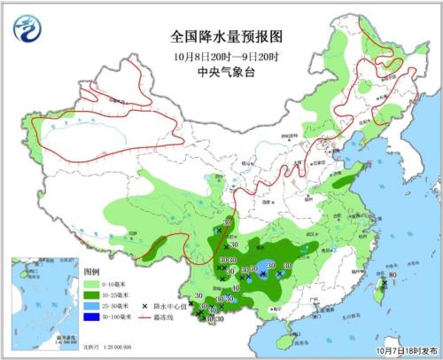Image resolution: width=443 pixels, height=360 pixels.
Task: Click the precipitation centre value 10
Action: (236, 289)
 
